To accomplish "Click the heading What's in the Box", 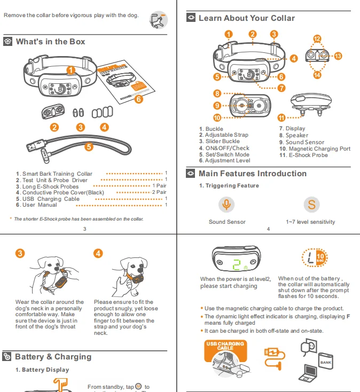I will click(x=50, y=42).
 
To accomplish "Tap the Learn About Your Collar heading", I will click(x=246, y=18).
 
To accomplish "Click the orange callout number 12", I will click(x=317, y=39).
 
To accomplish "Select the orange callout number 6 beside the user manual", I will click(x=138, y=99).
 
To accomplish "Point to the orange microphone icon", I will click(x=227, y=205).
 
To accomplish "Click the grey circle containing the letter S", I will click(x=311, y=205).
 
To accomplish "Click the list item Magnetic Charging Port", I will click(x=315, y=148).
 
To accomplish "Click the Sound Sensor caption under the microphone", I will click(x=227, y=222).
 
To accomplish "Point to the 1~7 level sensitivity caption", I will click(x=310, y=222).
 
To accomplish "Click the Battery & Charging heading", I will click(x=53, y=357).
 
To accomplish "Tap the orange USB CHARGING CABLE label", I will click(x=225, y=346).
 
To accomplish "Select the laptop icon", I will click(x=311, y=372).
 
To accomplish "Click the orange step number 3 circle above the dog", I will click(x=20, y=253).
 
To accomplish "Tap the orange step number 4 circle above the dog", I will click(x=98, y=253).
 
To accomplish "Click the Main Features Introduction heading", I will click(x=252, y=174).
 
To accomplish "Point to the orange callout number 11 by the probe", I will click(x=281, y=117).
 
